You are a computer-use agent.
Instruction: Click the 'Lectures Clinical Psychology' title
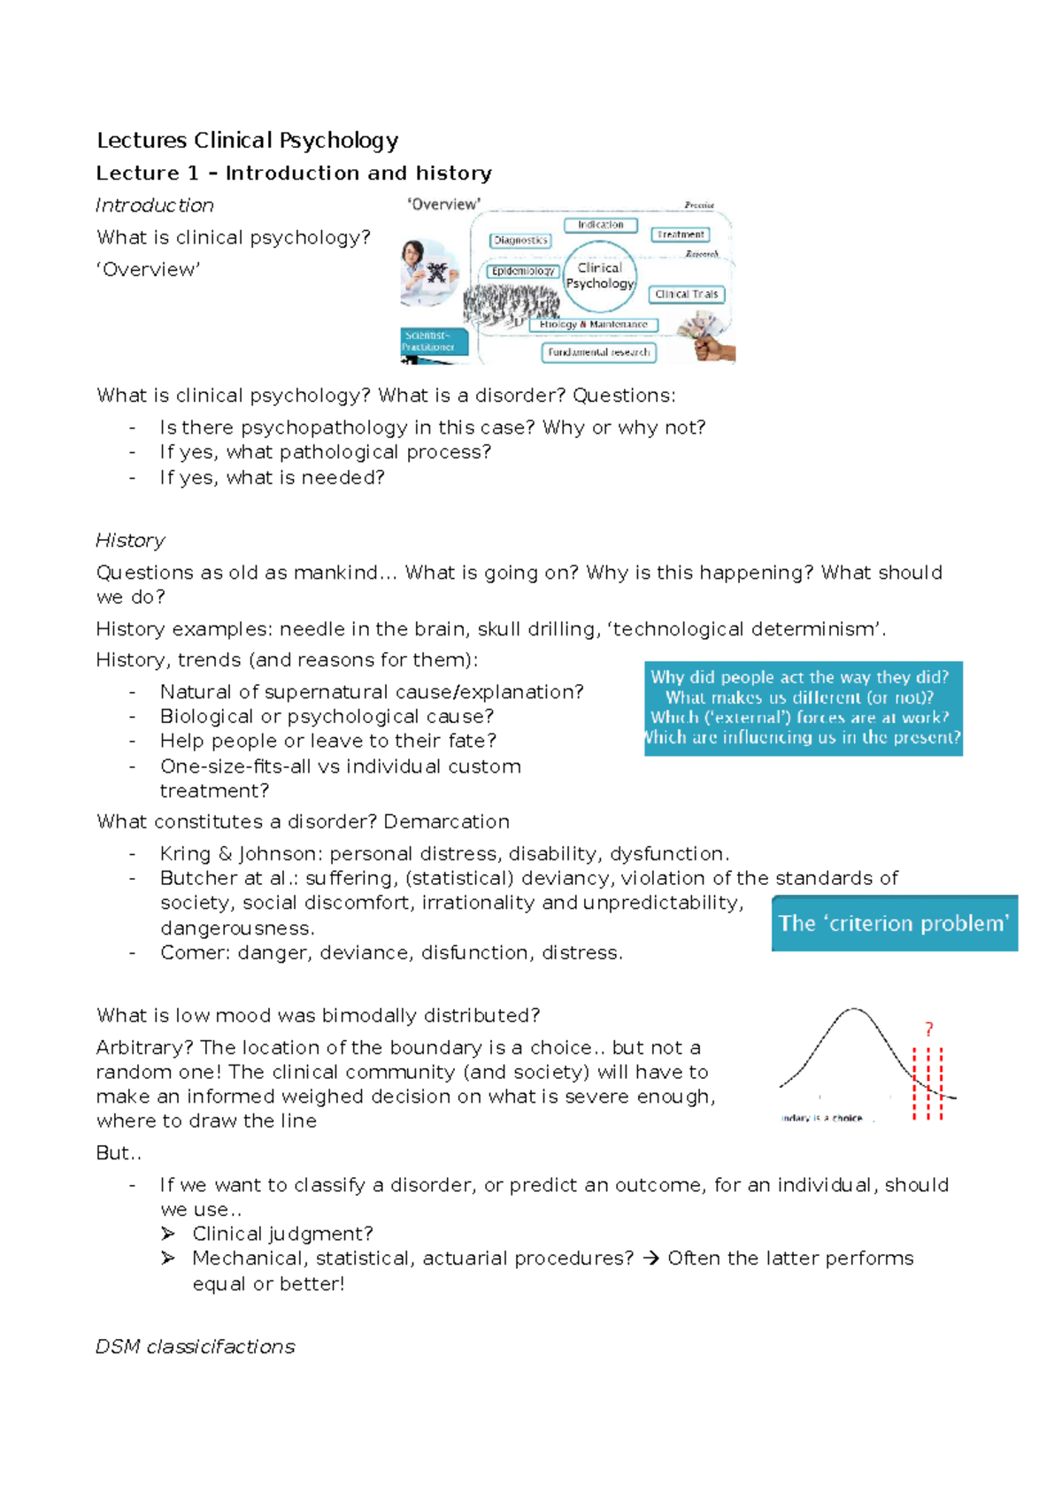coord(247,141)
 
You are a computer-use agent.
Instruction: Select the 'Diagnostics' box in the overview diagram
coord(520,241)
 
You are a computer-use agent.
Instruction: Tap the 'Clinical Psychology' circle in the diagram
coord(600,276)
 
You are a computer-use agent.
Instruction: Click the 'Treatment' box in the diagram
coord(681,235)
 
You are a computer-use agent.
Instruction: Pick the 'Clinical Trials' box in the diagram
coord(687,294)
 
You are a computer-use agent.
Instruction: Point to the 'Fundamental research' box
coord(598,352)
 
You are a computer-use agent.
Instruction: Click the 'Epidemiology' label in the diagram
coord(523,271)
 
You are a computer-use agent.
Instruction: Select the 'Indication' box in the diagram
coord(600,225)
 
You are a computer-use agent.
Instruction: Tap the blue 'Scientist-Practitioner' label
coord(432,342)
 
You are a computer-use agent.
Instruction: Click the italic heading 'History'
coord(130,541)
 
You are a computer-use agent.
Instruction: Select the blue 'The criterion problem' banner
coord(894,923)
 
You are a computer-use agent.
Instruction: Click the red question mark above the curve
coord(928,1029)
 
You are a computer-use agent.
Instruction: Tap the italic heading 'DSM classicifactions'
coord(195,1347)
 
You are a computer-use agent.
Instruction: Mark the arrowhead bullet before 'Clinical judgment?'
coord(168,1234)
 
